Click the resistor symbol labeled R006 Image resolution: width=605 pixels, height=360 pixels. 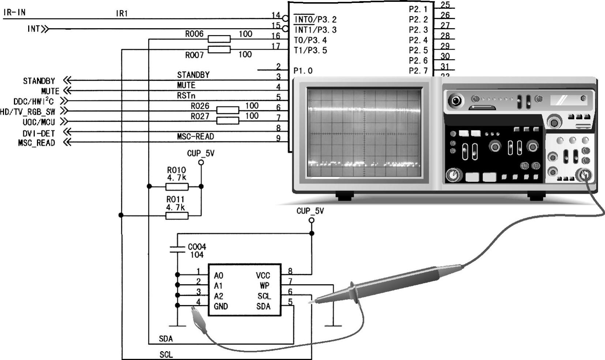(219, 39)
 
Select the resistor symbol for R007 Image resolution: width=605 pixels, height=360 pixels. (219, 49)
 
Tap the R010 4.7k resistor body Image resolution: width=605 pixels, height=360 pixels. (177, 186)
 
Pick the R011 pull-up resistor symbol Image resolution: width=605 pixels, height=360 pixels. (177, 216)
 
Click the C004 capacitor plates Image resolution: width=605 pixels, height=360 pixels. (177, 249)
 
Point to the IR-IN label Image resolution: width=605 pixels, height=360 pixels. (15, 12)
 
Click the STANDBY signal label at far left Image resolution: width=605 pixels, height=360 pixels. (39, 81)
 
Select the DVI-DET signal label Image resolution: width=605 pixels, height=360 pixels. (39, 133)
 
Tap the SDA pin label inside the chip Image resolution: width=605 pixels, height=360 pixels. (263, 306)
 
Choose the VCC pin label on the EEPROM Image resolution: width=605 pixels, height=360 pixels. (263, 276)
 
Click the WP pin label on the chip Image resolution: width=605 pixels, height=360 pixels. (265, 285)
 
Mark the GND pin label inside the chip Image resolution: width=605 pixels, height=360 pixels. (221, 306)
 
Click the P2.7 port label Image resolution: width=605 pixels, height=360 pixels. (418, 71)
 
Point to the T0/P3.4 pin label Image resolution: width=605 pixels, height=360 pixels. (310, 40)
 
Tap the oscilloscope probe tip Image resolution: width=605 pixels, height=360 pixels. (309, 303)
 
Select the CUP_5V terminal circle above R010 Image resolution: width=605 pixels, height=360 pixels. (201, 163)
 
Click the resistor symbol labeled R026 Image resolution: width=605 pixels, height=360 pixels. (228, 110)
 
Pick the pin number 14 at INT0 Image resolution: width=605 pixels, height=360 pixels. (276, 15)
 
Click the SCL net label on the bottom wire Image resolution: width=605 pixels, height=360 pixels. (166, 355)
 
